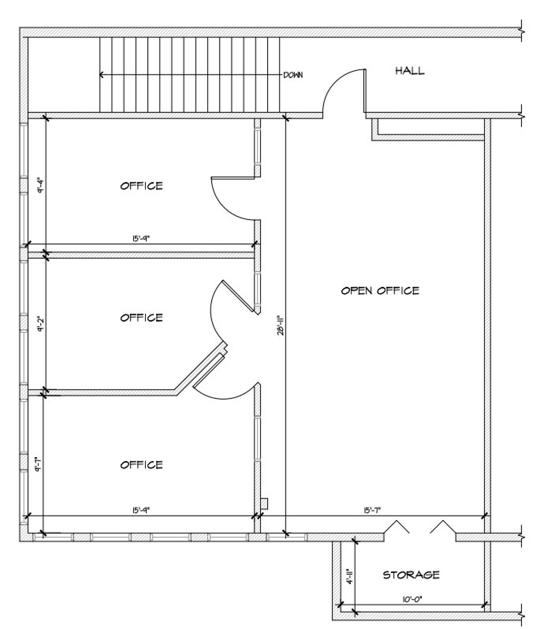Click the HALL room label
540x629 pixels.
pos(409,71)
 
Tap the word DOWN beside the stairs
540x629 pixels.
pos(293,75)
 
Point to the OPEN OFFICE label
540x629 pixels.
pos(380,290)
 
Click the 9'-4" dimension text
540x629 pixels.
pos(40,186)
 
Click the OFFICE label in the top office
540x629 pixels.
pos(142,186)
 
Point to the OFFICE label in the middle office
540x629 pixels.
pos(142,318)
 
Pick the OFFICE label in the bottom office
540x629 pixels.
pos(142,465)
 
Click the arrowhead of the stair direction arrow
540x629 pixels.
pos(101,75)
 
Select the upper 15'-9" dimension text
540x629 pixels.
pos(141,239)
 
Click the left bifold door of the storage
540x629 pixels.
pos(397,527)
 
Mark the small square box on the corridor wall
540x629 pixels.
pos(264,504)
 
